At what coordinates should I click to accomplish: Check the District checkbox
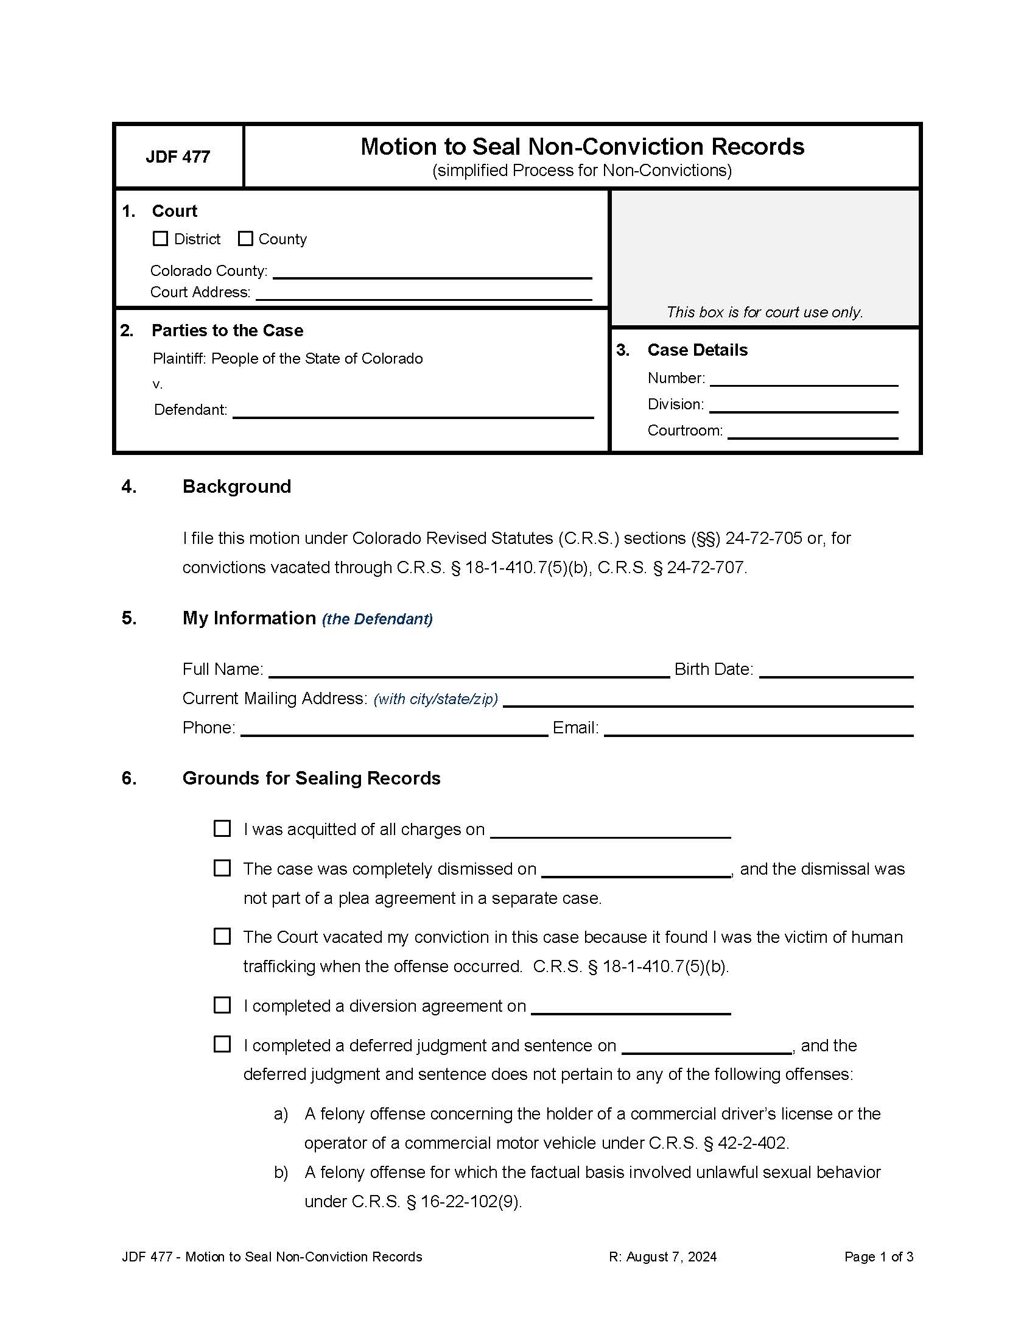click(160, 239)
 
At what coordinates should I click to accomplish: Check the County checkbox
click(245, 239)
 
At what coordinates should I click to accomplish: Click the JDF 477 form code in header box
click(178, 157)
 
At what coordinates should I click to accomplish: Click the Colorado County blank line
click(432, 272)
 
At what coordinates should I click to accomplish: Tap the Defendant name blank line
click(413, 411)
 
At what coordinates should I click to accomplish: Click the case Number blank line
click(803, 379)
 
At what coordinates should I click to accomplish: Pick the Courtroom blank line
click(812, 431)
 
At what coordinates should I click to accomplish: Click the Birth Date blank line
click(836, 670)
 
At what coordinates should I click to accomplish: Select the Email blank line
click(758, 728)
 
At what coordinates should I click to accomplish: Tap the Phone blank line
click(394, 728)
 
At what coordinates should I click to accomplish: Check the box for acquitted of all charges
click(222, 829)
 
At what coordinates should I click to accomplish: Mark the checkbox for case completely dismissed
click(222, 869)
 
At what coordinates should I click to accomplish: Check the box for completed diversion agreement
click(222, 1006)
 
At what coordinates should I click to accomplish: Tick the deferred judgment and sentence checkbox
click(222, 1045)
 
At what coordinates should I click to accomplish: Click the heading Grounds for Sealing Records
click(311, 778)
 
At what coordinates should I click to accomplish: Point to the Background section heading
click(237, 487)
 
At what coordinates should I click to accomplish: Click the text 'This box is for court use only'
click(764, 312)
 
